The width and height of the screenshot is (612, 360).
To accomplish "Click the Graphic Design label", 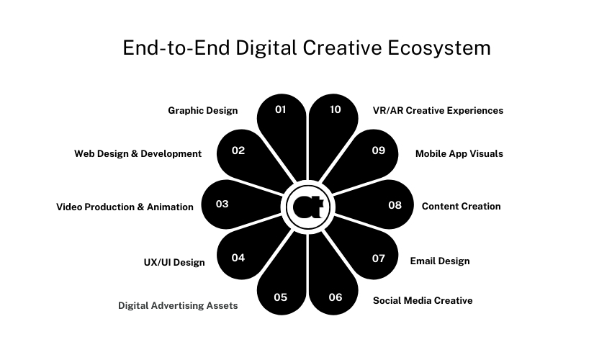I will point(203,111).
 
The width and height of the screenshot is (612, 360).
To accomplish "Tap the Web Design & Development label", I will point(138,154).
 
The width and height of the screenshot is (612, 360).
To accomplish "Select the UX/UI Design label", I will point(174,263).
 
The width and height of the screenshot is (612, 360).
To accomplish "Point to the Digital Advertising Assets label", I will point(178,306).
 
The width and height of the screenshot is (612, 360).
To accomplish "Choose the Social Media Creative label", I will point(423,300).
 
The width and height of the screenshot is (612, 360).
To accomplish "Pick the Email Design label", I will point(440,261).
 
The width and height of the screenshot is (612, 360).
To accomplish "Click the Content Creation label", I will point(461,207).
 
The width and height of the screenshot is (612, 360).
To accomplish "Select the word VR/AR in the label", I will point(388,111).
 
